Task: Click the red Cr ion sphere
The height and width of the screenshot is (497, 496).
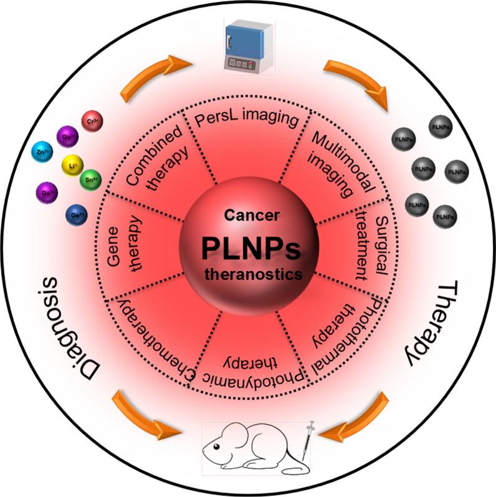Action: tap(92, 120)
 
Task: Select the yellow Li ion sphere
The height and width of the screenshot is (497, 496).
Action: tap(72, 165)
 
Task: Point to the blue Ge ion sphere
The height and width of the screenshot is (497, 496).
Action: tap(75, 215)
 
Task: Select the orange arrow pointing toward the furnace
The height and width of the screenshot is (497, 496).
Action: tap(155, 75)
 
